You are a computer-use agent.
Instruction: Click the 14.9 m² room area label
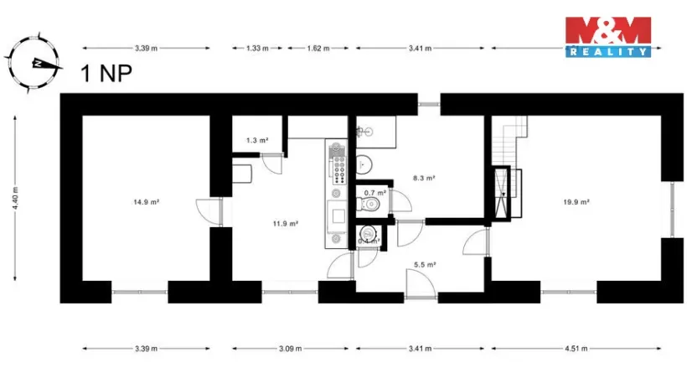(x=146, y=202)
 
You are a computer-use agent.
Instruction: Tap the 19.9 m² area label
(x=577, y=202)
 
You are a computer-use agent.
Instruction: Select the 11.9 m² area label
(x=286, y=224)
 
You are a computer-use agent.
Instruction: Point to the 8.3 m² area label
(x=426, y=178)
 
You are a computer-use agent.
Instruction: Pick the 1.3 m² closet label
(x=256, y=140)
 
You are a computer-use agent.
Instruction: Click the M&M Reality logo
(x=607, y=37)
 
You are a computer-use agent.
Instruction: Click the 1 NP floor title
(x=105, y=74)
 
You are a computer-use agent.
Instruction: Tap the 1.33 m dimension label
(x=256, y=49)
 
